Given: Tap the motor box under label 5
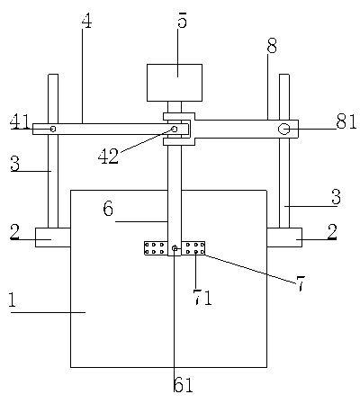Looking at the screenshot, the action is coord(175,83).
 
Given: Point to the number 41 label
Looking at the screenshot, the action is coord(21,122).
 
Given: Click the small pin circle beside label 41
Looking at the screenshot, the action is coord(53,129).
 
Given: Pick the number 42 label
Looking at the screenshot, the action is coord(108,156).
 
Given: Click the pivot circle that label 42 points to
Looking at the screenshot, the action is coord(174,129).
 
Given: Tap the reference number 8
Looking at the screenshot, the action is coord(272,46).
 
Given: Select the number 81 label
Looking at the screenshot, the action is coord(346,121).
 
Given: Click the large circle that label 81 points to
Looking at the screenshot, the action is coord(283,130).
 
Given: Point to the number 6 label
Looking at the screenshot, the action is coord(108,208).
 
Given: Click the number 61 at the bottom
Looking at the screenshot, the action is coord(184,385).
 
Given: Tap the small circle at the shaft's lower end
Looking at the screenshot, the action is coord(175,248).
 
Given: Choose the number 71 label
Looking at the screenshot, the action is coord(202,298).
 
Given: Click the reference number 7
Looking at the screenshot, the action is coord(301,283).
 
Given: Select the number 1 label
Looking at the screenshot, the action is coord(12,300).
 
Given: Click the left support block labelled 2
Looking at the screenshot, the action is coord(53,237).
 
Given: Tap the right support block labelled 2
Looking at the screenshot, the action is coord(284,237).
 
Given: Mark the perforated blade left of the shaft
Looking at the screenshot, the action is coord(156,248).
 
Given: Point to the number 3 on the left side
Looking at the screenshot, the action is coord(14,164).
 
